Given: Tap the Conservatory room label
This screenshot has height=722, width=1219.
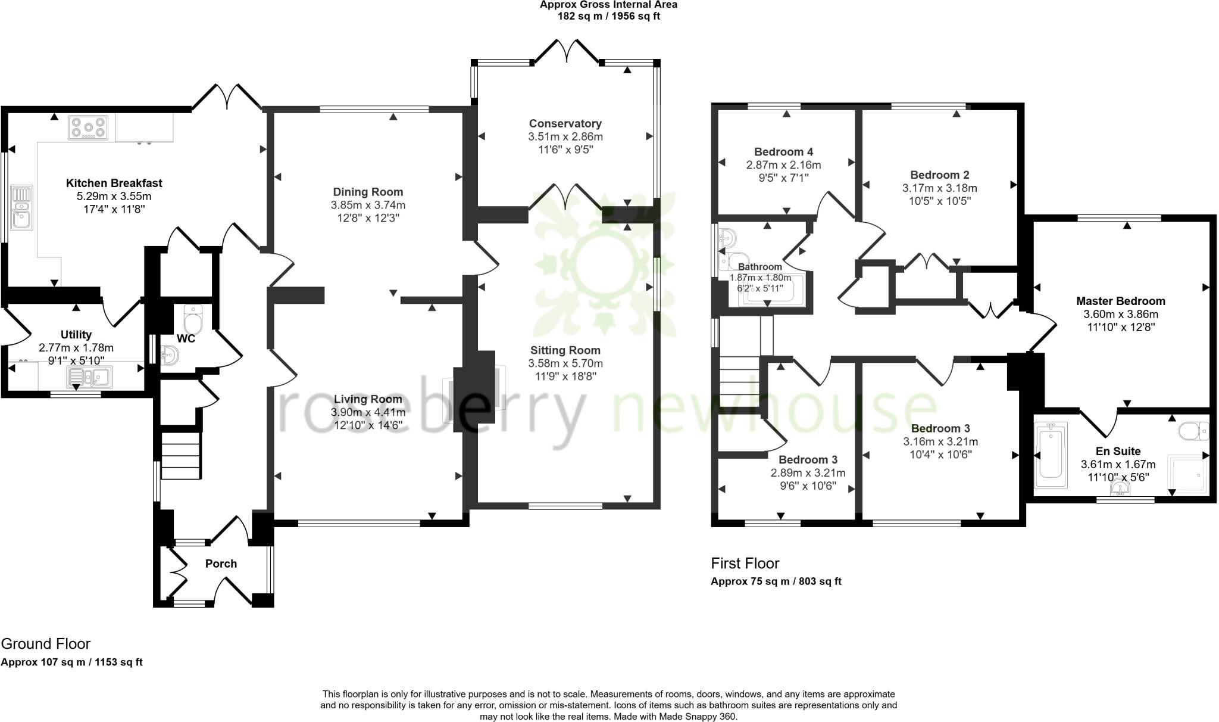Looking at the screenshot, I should click(x=565, y=123).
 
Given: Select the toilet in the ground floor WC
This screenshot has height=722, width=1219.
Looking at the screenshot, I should click(x=193, y=320).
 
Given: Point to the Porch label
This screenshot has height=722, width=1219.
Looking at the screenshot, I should click(x=221, y=564).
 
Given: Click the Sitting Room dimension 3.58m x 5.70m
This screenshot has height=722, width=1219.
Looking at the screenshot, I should click(x=565, y=363).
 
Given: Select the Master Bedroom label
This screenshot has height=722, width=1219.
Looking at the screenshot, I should click(x=1120, y=301).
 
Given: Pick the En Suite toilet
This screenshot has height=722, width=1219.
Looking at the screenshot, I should click(x=1194, y=431).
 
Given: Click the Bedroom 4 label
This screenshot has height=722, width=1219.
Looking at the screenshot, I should click(x=783, y=152).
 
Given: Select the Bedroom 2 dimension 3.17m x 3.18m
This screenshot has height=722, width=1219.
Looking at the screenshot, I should click(x=939, y=188).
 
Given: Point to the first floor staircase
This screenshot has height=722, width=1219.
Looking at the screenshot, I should click(x=740, y=381).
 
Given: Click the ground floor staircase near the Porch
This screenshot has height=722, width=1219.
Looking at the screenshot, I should click(x=180, y=456).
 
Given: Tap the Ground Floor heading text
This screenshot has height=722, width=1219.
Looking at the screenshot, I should click(x=46, y=644).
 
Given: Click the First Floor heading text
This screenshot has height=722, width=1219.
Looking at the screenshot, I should click(x=745, y=564).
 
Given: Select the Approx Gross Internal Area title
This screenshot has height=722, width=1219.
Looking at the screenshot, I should click(x=608, y=5).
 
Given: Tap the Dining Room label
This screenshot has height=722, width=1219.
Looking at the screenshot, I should click(x=367, y=192).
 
